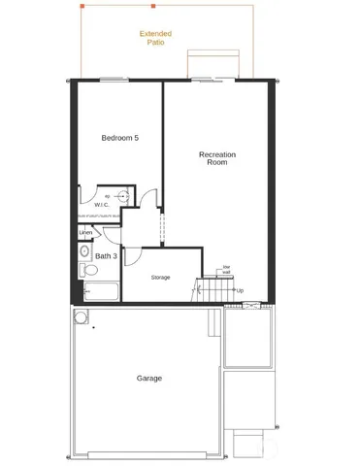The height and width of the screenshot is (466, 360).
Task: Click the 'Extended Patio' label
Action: pyautogui.click(x=154, y=38)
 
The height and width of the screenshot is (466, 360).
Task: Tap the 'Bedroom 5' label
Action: pyautogui.click(x=120, y=138)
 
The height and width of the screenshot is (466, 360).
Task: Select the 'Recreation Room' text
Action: pyautogui.click(x=217, y=158)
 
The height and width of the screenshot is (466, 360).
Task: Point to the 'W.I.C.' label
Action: pyautogui.click(x=102, y=205)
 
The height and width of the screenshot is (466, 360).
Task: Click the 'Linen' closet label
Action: pyautogui.click(x=85, y=233)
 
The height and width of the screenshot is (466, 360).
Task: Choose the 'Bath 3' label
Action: pyautogui.click(x=106, y=256)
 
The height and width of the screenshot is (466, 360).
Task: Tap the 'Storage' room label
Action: pyautogui.click(x=160, y=278)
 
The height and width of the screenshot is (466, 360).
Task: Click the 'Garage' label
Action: pyautogui.click(x=148, y=378)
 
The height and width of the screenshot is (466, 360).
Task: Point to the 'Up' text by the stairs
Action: pyautogui.click(x=239, y=290)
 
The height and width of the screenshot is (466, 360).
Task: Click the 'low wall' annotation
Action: pyautogui.click(x=226, y=270)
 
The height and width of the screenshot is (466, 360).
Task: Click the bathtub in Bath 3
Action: pyautogui.click(x=100, y=291)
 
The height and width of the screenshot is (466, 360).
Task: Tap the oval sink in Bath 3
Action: pyautogui.click(x=122, y=196)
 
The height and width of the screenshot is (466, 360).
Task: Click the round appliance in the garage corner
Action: pyautogui.click(x=80, y=316)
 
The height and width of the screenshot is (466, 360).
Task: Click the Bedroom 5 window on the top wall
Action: pyautogui.click(x=114, y=79)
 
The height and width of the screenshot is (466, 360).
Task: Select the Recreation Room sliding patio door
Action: pyautogui.click(x=209, y=79)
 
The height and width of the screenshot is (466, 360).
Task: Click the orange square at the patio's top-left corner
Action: pyautogui.click(x=82, y=6)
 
